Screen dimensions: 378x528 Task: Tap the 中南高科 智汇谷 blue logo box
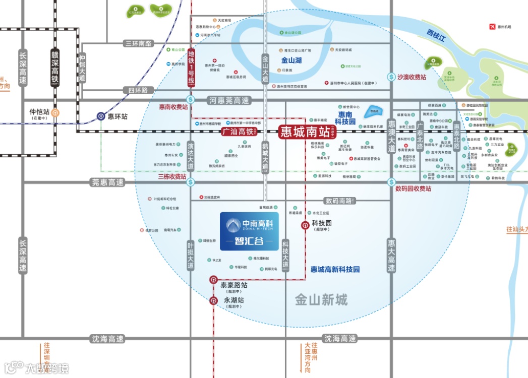pyautogui.click(x=249, y=231)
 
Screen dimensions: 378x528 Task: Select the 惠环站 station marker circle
pyautogui.click(x=101, y=116)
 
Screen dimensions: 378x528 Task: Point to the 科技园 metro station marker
pyautogui.click(x=305, y=225)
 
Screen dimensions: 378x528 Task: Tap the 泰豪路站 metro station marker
pyautogui.click(x=213, y=280)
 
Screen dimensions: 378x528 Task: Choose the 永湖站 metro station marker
pyautogui.click(x=213, y=301)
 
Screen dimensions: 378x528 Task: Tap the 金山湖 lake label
pyautogui.click(x=291, y=60)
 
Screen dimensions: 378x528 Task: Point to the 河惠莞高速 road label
pyautogui.click(x=229, y=100)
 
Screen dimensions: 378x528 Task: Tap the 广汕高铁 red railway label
pyautogui.click(x=239, y=132)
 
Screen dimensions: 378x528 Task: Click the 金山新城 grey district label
pyautogui.click(x=321, y=300)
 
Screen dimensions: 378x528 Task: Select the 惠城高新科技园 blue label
pyautogui.click(x=335, y=270)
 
